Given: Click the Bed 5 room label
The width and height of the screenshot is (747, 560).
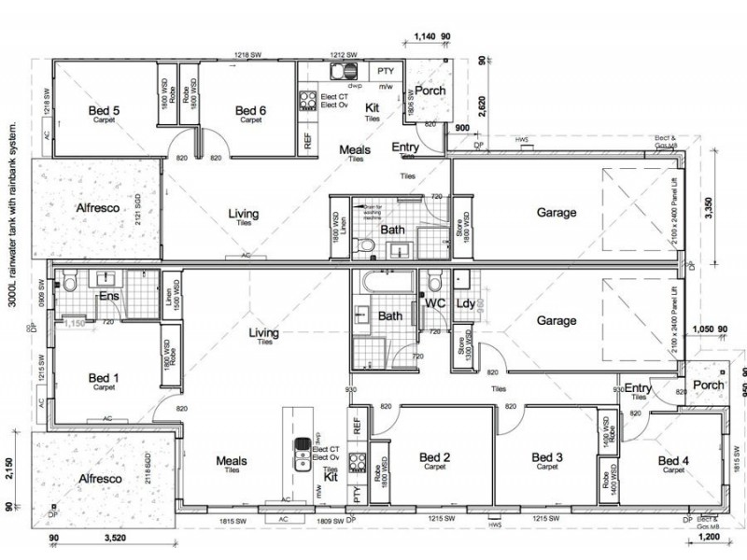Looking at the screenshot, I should [x=104, y=111].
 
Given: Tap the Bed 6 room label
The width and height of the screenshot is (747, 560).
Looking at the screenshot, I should [x=250, y=111].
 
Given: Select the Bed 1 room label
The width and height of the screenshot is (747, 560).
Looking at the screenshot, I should [x=104, y=377].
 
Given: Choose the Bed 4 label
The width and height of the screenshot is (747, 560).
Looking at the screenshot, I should [x=673, y=460].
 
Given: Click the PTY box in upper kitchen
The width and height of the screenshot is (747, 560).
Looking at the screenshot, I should [x=385, y=71].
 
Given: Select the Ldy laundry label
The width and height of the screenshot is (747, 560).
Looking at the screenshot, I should [x=464, y=304].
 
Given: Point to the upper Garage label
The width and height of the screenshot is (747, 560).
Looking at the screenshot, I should [x=557, y=212].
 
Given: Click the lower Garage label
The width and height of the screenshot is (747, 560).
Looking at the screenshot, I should [x=557, y=320].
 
